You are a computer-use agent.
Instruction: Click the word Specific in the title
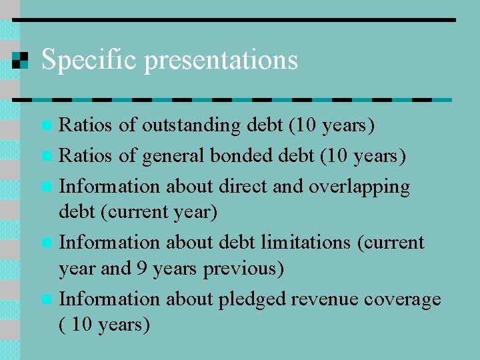[x=89, y=60]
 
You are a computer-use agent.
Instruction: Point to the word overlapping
[x=359, y=187]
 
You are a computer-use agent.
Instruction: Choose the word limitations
[x=308, y=241]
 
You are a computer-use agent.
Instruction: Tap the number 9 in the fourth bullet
[x=142, y=268]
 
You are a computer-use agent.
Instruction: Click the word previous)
[x=243, y=268]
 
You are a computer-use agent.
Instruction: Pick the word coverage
[x=403, y=299]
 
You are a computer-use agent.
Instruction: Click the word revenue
[x=328, y=299]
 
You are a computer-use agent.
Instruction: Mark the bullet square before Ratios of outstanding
[x=45, y=125]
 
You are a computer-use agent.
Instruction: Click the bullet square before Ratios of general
[x=45, y=156]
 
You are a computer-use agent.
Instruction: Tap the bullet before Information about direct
[x=45, y=187]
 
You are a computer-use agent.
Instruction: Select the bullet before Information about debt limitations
[x=45, y=242]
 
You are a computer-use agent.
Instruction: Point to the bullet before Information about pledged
[x=45, y=299]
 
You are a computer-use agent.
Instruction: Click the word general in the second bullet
[x=174, y=156]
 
